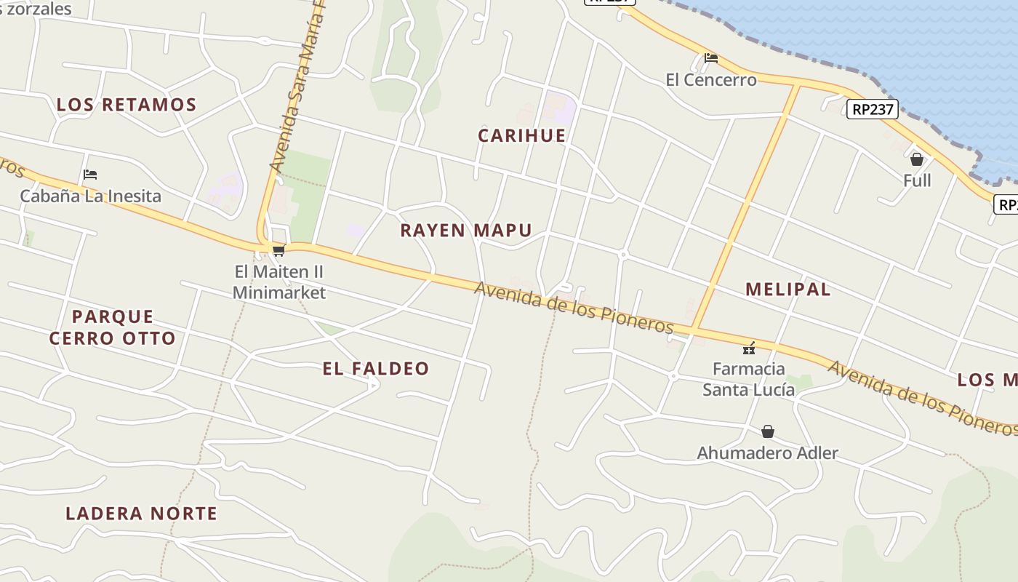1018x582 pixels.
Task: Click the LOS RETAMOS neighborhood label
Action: tap(127, 105)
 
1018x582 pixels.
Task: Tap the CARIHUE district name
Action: tap(521, 135)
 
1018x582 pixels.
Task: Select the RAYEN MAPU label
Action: tap(466, 231)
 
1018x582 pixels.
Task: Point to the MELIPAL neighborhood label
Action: tap(787, 289)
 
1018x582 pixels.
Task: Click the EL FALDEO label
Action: tap(376, 369)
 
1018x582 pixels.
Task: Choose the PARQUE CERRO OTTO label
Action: tap(113, 327)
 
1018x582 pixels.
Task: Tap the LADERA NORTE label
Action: tap(141, 514)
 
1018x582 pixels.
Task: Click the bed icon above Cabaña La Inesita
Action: tap(90, 175)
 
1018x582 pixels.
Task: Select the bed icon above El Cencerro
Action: tap(711, 58)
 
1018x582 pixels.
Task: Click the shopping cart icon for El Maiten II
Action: tap(278, 251)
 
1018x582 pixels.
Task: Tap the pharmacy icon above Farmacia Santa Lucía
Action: tap(749, 348)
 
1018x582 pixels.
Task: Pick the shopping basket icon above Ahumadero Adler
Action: tap(767, 432)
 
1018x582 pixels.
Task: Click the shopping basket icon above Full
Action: tap(917, 159)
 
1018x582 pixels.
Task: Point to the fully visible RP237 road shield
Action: tap(873, 109)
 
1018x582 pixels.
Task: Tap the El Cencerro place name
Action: tap(711, 79)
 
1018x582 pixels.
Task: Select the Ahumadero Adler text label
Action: tap(767, 453)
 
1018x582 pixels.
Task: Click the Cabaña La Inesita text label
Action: tap(90, 196)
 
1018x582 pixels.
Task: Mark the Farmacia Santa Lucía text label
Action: tap(748, 379)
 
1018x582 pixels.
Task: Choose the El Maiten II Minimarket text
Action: tap(278, 282)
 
